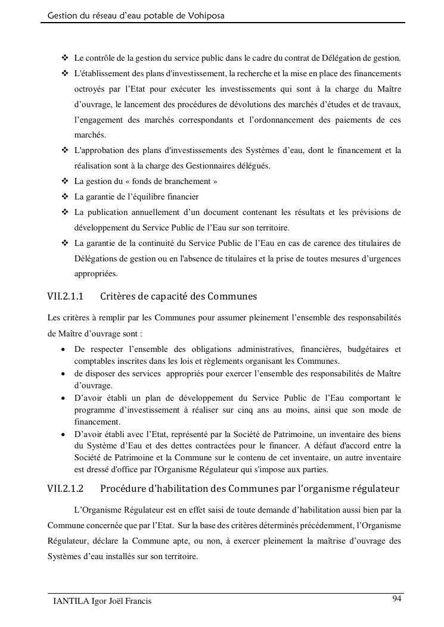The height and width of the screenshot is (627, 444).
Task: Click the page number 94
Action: pos(397,598)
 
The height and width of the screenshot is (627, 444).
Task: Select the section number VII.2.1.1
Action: pos(65,296)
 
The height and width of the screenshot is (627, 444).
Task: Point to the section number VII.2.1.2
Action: pos(65,489)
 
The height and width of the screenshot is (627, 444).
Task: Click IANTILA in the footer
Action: pos(70,601)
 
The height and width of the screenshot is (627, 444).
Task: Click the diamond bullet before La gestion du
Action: pos(65,181)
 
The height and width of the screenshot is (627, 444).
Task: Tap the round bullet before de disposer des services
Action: pos(63,374)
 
